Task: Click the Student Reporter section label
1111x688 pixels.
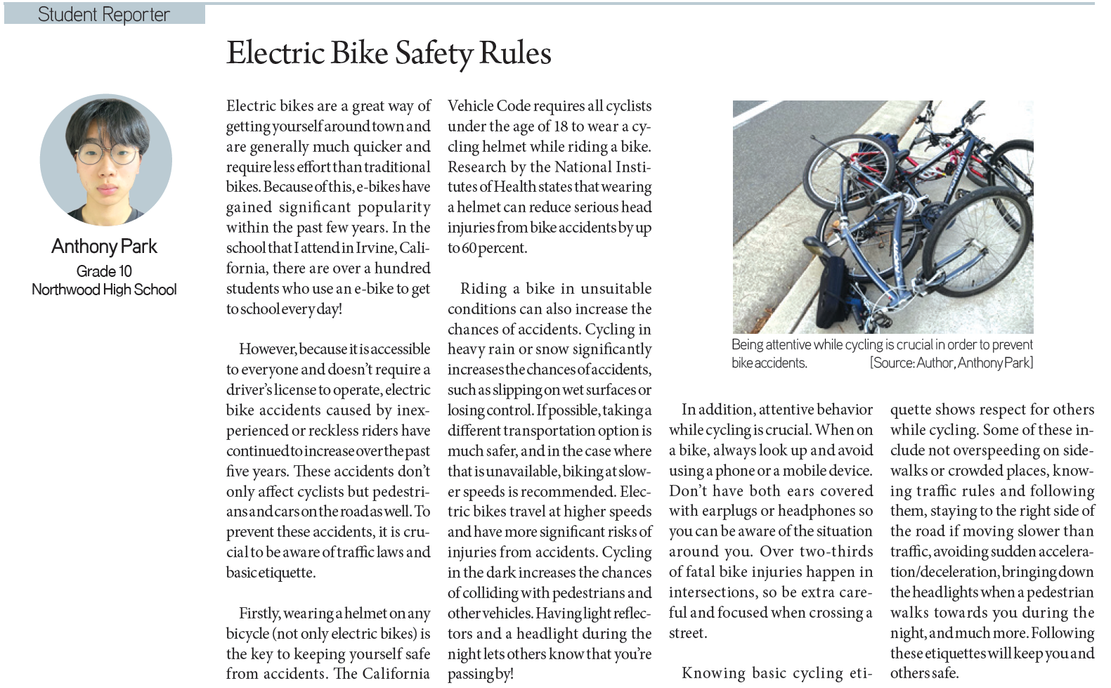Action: [x=103, y=14]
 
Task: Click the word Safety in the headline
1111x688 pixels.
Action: [x=433, y=53]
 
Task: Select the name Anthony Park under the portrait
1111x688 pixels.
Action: [x=104, y=247]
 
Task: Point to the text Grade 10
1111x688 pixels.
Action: [x=104, y=271]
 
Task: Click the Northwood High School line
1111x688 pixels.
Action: [x=104, y=290]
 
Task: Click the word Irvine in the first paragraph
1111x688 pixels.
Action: [x=375, y=248]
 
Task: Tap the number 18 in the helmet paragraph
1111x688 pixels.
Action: [x=560, y=126]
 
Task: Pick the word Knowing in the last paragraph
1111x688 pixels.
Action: [x=714, y=673]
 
